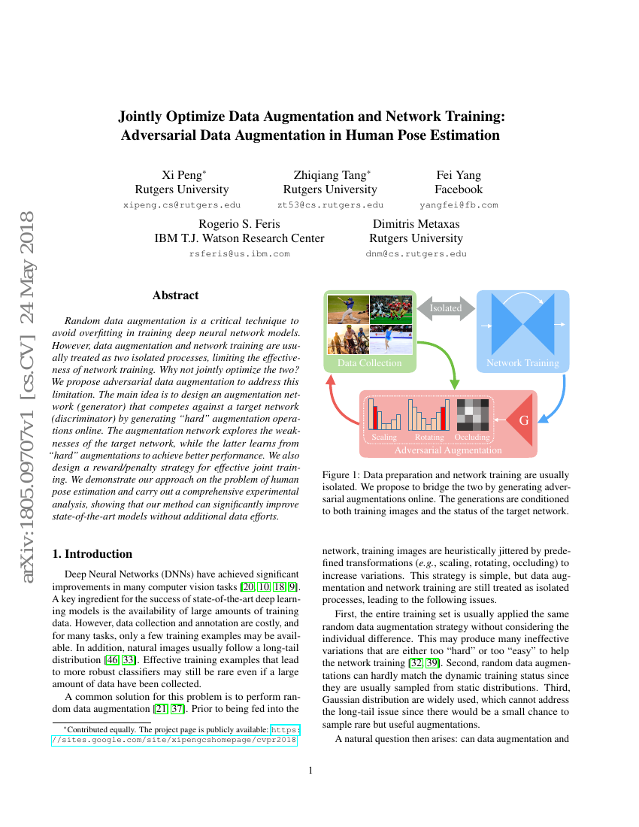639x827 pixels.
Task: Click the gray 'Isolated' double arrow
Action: click(x=446, y=307)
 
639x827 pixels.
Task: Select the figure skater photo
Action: click(x=391, y=339)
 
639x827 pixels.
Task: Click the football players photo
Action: click(x=391, y=309)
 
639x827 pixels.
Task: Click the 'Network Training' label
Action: click(x=522, y=363)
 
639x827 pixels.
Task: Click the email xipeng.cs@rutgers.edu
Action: click(x=181, y=204)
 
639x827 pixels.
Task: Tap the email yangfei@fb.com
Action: click(x=458, y=204)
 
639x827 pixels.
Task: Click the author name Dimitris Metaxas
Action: click(x=416, y=224)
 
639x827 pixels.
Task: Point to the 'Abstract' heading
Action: click(x=175, y=295)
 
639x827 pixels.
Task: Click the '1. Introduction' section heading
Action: click(x=92, y=554)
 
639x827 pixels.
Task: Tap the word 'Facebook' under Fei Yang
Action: click(x=459, y=189)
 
